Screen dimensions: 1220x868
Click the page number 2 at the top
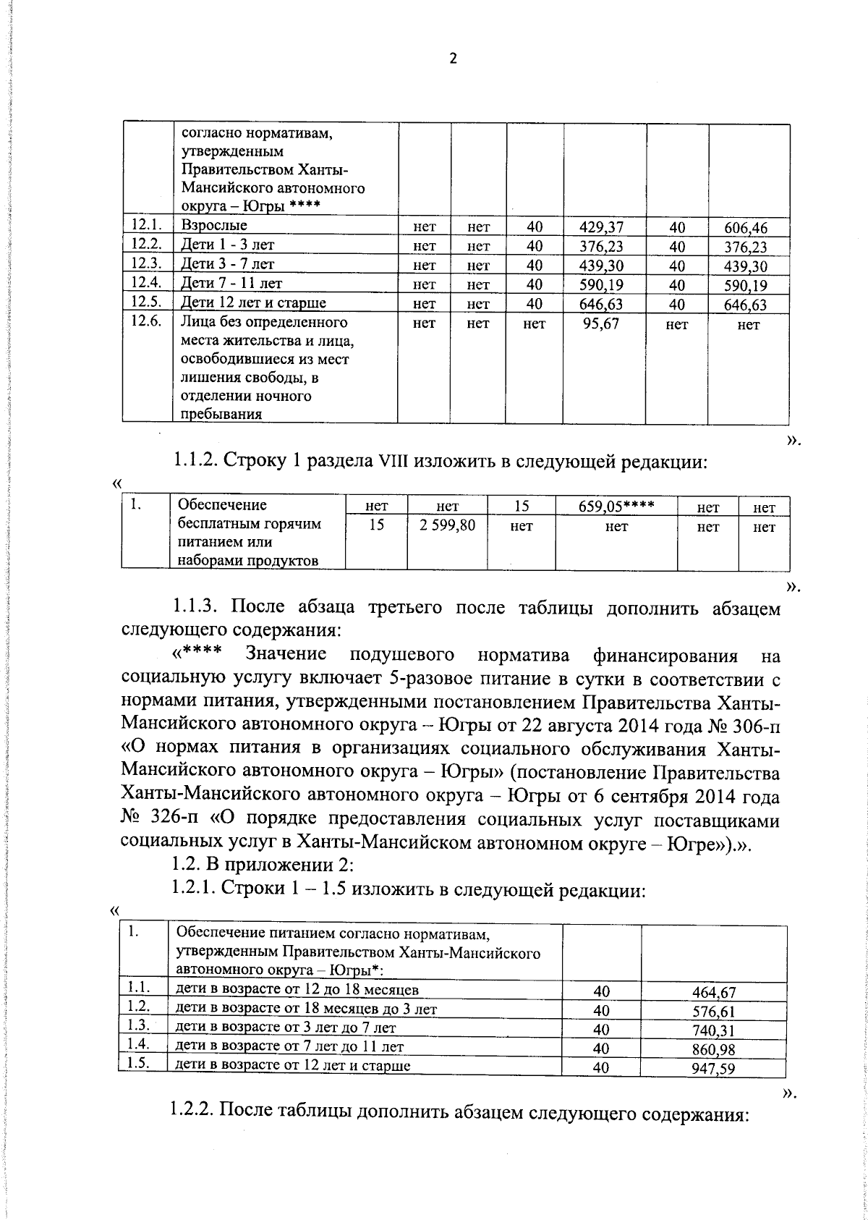tap(453, 59)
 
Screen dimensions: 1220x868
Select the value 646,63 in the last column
tap(746, 305)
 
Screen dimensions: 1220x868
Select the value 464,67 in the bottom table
tap(713, 994)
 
